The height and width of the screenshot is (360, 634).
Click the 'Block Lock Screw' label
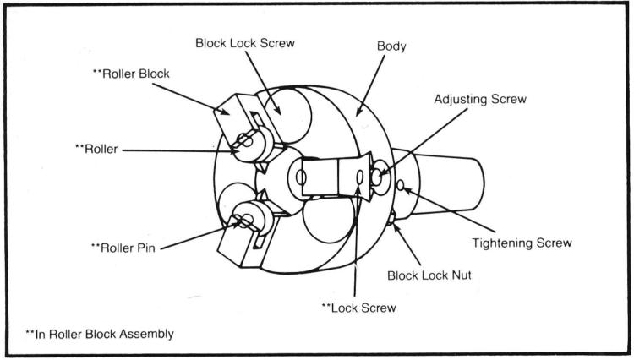244,42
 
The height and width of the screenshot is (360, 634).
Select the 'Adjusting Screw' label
480,99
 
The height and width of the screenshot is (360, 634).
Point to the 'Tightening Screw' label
522,243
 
